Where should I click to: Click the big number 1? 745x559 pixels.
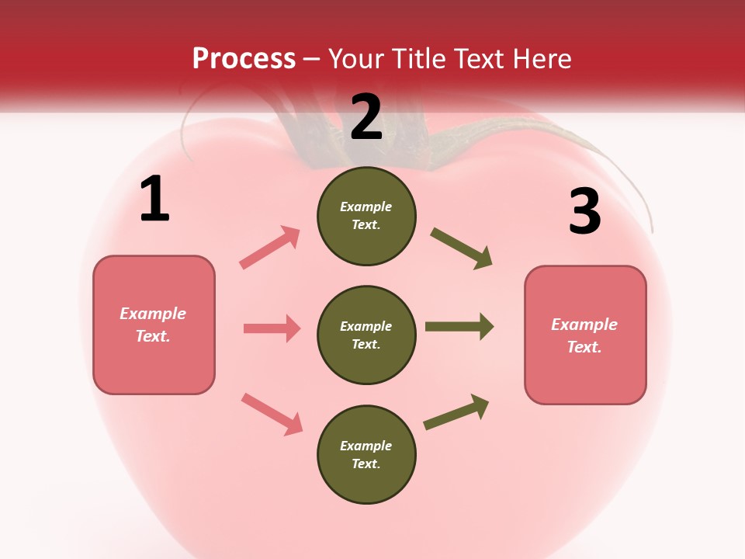pyautogui.click(x=154, y=200)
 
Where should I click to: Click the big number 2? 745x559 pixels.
pyautogui.click(x=366, y=117)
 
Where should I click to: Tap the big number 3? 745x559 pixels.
pyautogui.click(x=584, y=211)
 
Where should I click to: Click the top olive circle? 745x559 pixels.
pyautogui.click(x=366, y=216)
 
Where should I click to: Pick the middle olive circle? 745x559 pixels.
pyautogui.click(x=366, y=335)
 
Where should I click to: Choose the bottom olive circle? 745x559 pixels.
pyautogui.click(x=366, y=454)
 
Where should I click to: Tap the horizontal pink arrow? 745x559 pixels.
pyautogui.click(x=272, y=328)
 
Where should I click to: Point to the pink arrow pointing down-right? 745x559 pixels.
pyautogui.click(x=272, y=413)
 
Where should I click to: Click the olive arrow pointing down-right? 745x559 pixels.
pyautogui.click(x=462, y=248)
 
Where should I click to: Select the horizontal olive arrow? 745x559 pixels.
pyautogui.click(x=459, y=327)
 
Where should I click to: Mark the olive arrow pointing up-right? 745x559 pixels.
pyautogui.click(x=456, y=412)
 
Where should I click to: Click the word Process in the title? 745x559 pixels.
pyautogui.click(x=244, y=58)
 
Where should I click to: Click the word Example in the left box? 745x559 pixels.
pyautogui.click(x=153, y=314)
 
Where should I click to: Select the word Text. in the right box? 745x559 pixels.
pyautogui.click(x=584, y=347)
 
